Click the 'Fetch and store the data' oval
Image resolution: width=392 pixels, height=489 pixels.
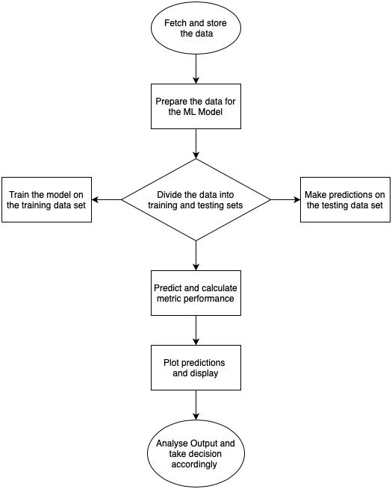196,28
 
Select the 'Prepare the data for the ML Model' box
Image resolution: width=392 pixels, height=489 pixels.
196,106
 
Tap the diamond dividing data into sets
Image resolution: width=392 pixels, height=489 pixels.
196,199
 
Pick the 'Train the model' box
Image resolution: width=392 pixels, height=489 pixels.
46,199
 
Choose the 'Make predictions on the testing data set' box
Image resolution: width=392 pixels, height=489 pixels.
345,199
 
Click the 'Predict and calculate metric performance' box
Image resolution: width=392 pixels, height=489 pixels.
196,293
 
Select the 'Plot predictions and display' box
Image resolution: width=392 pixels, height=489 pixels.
196,368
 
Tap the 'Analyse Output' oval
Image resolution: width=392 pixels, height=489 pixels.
196,453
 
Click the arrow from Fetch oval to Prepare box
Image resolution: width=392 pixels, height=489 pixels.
196,69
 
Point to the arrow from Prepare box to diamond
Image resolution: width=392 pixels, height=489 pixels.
196,144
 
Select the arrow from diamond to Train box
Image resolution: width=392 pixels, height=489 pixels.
107,199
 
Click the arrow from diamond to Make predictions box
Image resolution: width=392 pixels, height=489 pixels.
285,199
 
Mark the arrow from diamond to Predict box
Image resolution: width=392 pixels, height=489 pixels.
196,255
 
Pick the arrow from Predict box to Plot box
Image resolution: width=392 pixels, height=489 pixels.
196,330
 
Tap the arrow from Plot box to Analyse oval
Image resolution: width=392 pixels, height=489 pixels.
196,405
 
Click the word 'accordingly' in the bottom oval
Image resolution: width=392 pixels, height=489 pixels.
194,464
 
